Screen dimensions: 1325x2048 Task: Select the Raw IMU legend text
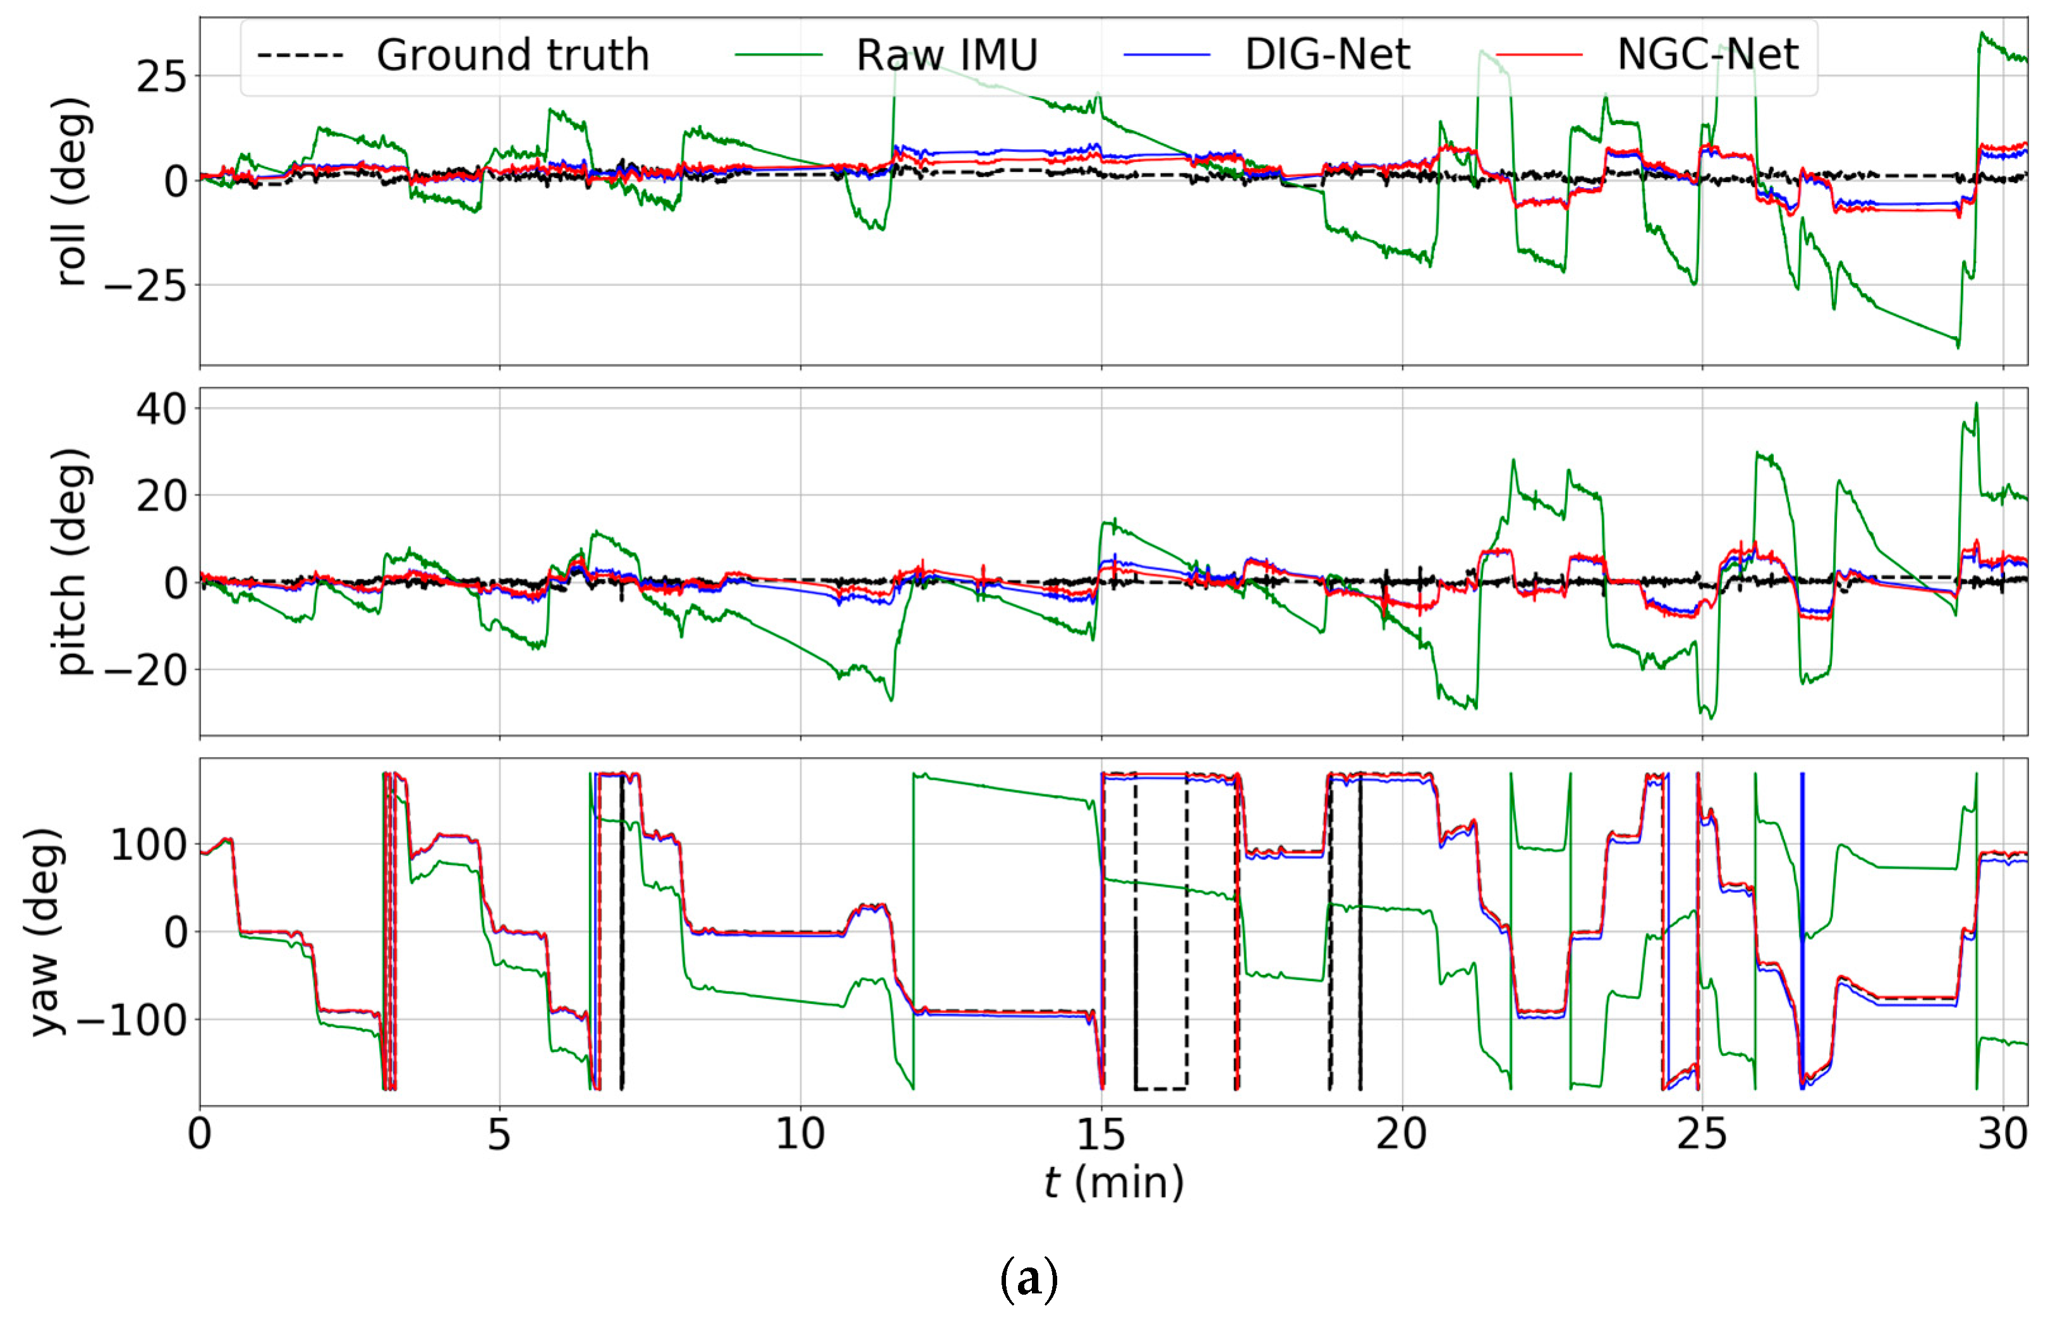coord(947,55)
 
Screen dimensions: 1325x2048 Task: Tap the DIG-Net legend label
coord(1327,55)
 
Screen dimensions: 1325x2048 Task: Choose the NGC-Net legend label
coord(1707,55)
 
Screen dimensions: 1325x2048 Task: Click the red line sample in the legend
coord(1539,55)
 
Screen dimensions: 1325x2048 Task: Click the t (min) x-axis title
coord(1113,1182)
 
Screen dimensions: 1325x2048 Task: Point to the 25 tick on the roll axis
coord(161,78)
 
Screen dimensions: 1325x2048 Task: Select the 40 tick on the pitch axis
coord(161,409)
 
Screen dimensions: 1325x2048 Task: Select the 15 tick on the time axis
coord(1101,1135)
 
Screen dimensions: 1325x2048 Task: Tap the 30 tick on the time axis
coord(2003,1135)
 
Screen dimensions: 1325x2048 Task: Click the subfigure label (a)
coord(1027,1280)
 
